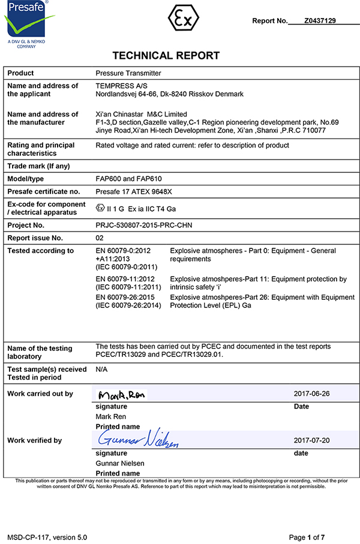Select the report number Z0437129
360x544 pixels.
320,20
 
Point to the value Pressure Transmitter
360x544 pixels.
128,73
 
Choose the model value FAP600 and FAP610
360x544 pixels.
129,179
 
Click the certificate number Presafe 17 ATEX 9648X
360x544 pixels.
137,192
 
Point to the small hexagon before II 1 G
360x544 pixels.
100,208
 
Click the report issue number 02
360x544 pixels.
100,238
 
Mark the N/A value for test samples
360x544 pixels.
101,369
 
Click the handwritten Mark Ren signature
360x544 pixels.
122,395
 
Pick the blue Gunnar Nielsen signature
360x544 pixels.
139,440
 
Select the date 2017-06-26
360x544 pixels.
312,394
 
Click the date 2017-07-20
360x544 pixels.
312,440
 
